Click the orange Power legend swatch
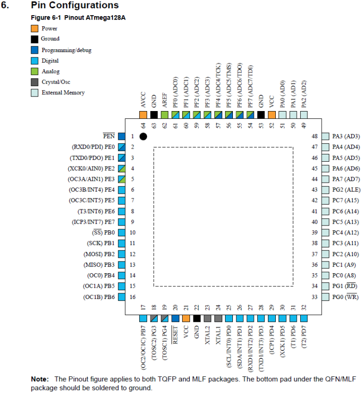coord(34,29)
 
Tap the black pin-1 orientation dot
coord(143,136)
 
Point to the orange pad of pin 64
coord(143,115)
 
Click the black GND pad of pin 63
coord(154,115)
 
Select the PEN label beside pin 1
coord(109,136)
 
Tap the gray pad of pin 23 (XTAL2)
coord(208,318)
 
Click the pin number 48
coord(314,136)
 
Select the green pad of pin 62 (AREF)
coord(165,115)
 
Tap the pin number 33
coord(314,297)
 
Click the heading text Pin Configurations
coord(75,6)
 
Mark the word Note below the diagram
coord(39,379)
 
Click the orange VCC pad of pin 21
coord(186,318)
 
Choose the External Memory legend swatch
coord(34,93)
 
